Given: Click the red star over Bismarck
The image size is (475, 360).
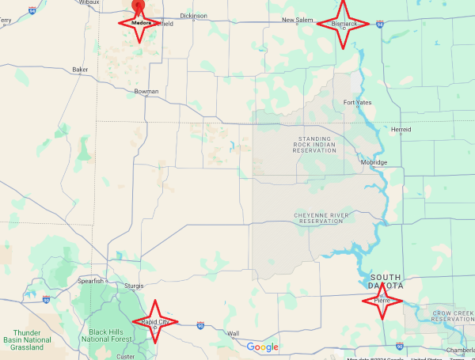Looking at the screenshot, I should (343, 23).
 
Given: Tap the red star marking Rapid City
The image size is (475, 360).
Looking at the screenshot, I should (154, 321).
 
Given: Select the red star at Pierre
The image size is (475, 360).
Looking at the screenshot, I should (383, 300).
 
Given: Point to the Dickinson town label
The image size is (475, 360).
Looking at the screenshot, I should (193, 16).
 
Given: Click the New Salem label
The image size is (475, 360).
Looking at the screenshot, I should (298, 20).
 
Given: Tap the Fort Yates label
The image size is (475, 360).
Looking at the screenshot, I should (358, 103).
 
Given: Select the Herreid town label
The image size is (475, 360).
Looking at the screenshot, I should (401, 129).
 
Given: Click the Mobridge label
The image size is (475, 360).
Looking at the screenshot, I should (374, 162).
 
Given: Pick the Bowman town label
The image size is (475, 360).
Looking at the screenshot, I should (146, 92).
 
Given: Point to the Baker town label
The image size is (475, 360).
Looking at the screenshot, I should (80, 70).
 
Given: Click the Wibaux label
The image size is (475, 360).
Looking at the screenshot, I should (89, 2).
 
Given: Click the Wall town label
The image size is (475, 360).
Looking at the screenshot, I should (234, 333).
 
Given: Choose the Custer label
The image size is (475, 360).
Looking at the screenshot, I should (125, 356).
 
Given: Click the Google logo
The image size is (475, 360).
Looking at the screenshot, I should (263, 347).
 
